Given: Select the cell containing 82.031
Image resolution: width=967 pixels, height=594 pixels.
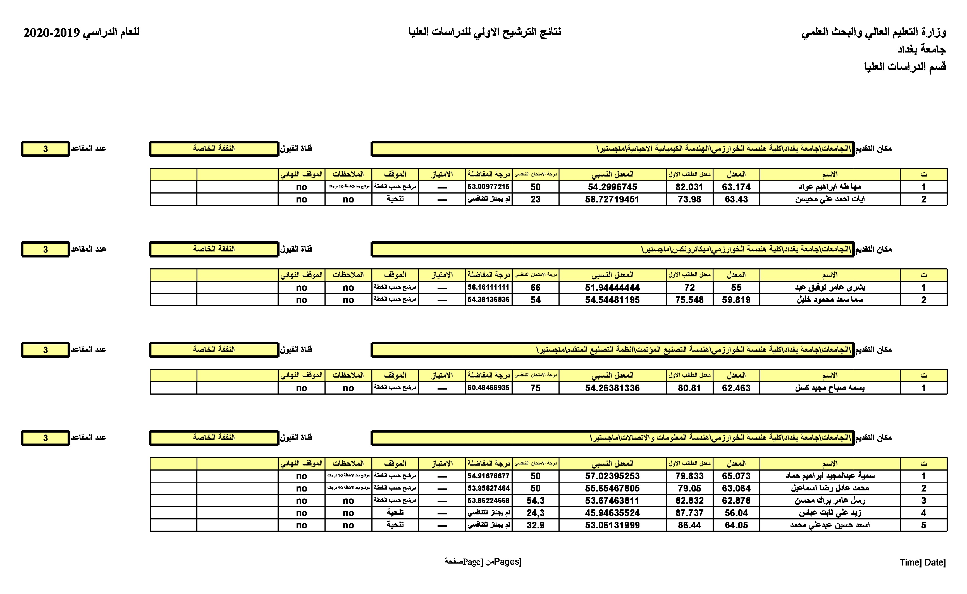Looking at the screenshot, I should coord(689,187).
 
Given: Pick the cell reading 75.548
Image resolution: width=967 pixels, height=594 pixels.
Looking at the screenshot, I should coord(689,300).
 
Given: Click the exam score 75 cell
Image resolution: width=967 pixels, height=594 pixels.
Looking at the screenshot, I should coord(535,388).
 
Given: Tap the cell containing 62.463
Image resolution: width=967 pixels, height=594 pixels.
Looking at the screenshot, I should coord(736,388).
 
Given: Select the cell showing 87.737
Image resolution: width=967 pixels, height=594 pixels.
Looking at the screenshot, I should coord(689,513).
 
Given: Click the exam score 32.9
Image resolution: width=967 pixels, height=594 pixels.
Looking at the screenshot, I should coord(535,525).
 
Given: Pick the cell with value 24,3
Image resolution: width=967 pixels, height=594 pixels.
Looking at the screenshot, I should coord(535,513).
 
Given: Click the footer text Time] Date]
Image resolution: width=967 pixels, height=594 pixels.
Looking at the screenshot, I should coord(922,562).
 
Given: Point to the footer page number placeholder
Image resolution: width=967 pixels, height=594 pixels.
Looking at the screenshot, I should coord(483,562).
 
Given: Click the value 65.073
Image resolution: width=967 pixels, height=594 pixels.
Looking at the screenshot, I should coord(736,476).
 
